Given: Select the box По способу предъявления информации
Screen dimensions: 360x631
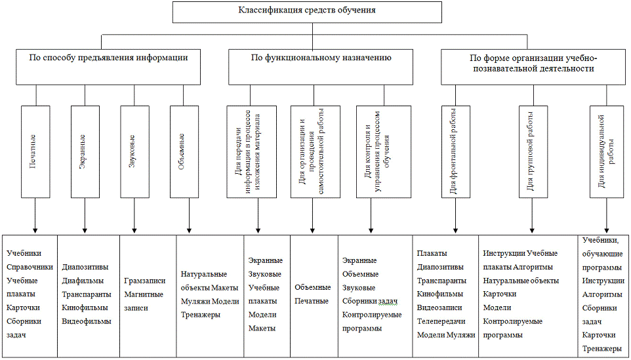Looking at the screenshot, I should click(108, 66).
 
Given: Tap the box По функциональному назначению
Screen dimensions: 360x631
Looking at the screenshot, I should click(321, 66).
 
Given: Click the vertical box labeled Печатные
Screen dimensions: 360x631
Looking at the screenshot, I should click(37, 150).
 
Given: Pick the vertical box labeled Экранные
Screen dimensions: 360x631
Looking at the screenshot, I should click(86, 150).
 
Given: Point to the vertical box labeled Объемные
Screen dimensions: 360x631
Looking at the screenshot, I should click(186, 150).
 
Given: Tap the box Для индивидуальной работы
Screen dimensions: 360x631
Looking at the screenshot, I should click(605, 150).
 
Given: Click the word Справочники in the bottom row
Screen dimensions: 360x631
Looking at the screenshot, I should click(30, 267).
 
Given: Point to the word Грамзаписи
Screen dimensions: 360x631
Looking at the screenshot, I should click(144, 281).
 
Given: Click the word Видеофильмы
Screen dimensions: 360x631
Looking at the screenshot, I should click(87, 321).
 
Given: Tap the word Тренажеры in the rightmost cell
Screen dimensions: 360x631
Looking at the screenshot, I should click(602, 349).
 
